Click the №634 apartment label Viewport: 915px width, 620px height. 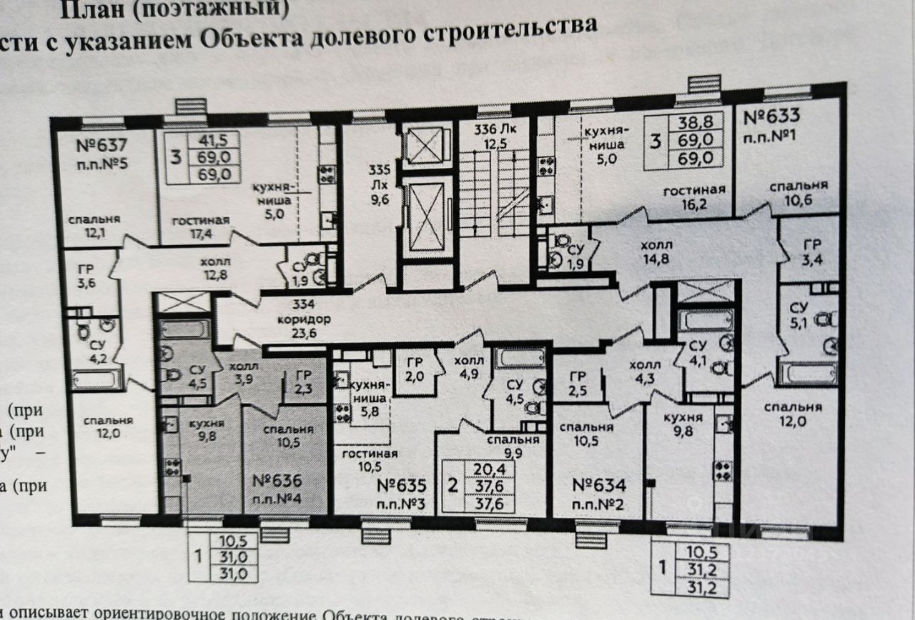point(599,486)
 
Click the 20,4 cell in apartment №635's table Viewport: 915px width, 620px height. point(484,469)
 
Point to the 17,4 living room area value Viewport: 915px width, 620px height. point(200,233)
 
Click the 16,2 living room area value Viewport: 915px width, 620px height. point(694,203)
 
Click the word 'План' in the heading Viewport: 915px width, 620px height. point(91,9)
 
